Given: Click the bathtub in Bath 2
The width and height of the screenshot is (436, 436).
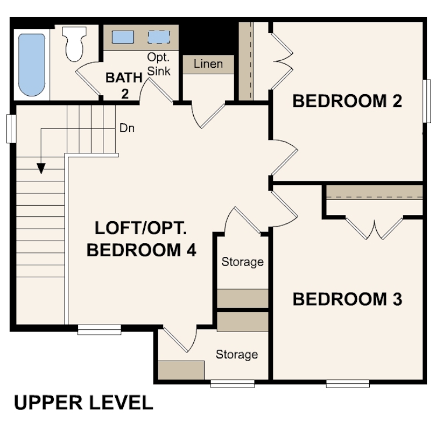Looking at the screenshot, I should [32, 65].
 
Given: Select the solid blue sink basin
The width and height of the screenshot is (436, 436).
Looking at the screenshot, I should [123, 37].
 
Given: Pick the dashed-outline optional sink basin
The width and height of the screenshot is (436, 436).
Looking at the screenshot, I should [159, 37].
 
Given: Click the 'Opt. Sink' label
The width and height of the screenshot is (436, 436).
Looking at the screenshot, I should [159, 64].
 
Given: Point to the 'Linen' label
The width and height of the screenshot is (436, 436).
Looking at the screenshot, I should [208, 64].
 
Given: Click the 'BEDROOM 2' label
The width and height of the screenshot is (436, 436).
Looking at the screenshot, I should [347, 101].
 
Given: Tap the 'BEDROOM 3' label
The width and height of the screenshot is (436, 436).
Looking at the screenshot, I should [347, 299].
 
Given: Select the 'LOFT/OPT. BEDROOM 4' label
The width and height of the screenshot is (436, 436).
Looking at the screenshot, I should [141, 239].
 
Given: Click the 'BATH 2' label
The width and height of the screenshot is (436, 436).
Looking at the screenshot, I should [124, 85].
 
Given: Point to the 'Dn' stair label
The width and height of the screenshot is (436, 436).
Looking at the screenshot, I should [127, 129].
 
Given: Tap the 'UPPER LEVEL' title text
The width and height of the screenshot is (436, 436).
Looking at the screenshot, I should [83, 402].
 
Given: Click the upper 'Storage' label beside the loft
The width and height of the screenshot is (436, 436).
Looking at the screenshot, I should [242, 262].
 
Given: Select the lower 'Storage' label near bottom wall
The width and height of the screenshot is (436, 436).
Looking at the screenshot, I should [236, 355].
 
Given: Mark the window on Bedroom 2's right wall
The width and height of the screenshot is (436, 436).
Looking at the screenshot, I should [426, 107].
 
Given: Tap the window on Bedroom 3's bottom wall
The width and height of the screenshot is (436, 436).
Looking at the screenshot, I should [348, 384].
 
